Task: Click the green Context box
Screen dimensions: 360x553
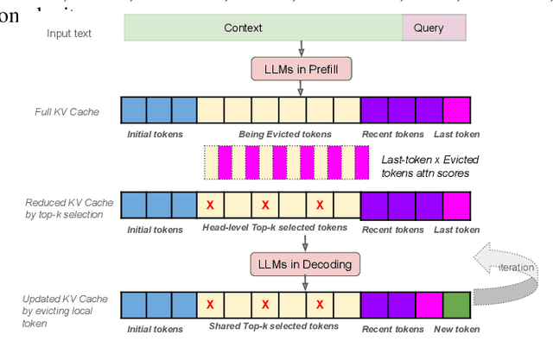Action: (x=263, y=28)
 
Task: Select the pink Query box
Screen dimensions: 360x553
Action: (x=434, y=28)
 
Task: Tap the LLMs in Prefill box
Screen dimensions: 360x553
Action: (x=300, y=68)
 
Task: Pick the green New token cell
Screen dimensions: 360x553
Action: (x=456, y=305)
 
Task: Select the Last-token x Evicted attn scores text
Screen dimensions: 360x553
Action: (x=429, y=165)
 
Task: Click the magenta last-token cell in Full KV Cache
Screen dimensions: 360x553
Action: (x=456, y=111)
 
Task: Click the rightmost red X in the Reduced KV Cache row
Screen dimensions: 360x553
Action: (x=319, y=206)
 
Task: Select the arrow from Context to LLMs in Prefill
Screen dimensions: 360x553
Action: (x=300, y=48)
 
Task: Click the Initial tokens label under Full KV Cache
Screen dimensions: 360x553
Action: (x=155, y=135)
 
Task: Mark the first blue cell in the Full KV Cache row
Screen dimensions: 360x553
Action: (x=133, y=111)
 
